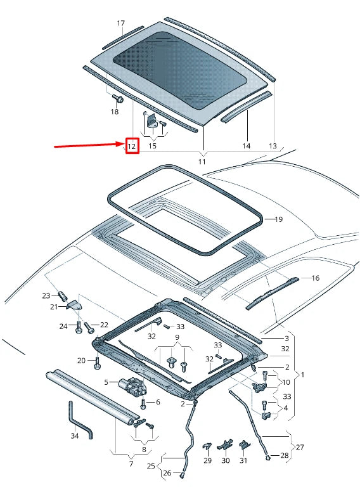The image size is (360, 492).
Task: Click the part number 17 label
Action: point(120,23)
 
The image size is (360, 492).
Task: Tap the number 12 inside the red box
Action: point(132,146)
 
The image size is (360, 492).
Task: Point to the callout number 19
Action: point(278,219)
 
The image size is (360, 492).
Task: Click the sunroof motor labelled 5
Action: point(132,385)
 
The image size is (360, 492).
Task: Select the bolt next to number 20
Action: point(97,363)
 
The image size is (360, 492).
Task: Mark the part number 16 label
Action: point(315,278)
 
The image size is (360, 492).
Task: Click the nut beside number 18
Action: point(117,99)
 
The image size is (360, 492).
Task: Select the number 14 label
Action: point(246,146)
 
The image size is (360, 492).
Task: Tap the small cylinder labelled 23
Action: point(63,296)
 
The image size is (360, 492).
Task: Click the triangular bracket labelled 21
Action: point(74,306)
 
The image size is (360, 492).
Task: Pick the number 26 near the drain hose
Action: point(167,472)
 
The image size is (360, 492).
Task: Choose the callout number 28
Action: point(284,456)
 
